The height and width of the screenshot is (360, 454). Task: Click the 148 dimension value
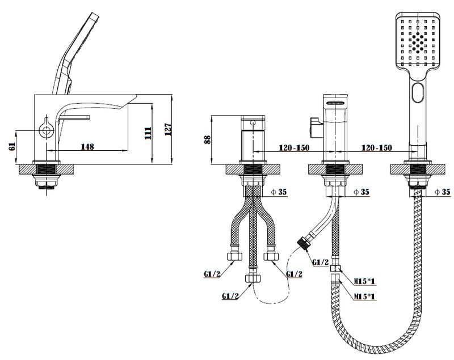pos(87,146)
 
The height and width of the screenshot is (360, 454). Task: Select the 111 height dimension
pos(147,133)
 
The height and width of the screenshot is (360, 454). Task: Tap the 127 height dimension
pos(167,130)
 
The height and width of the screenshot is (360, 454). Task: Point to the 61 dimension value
pos(12,147)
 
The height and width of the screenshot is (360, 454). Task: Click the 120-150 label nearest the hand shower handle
pos(376,148)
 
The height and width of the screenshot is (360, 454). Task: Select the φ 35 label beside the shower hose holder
pos(442,192)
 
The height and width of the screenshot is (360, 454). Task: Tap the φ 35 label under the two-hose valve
pos(279,192)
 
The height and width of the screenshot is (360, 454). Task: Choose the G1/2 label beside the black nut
pos(321,262)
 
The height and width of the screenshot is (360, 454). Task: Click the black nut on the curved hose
pos(304,243)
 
